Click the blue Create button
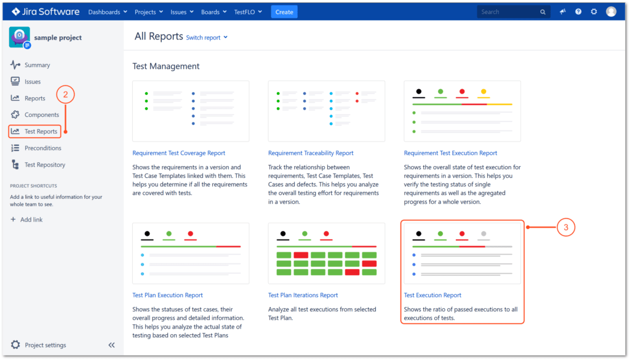pos(284,12)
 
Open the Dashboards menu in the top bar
pos(108,12)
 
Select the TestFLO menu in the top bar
pos(248,12)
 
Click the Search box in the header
pos(509,12)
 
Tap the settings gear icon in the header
pos(594,12)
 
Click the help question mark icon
pos(578,12)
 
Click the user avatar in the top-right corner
pos(611,12)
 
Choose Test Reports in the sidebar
pos(41,132)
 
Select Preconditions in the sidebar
pos(42,148)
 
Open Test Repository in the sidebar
pos(44,165)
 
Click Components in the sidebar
pos(41,115)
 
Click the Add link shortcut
pos(31,220)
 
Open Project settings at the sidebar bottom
pos(45,345)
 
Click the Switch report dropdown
pos(207,38)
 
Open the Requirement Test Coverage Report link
pos(179,153)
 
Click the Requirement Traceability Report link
pos(311,153)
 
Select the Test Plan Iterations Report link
pos(303,295)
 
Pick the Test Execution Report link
pos(433,295)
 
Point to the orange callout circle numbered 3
pos(566,227)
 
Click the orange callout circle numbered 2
pos(66,95)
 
